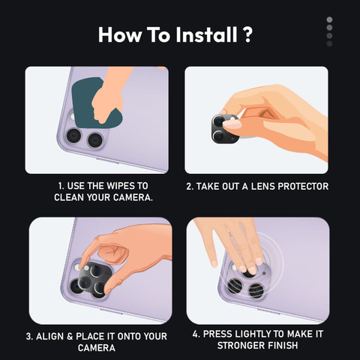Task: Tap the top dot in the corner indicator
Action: [x=328, y=19]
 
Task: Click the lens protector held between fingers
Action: [x=224, y=127]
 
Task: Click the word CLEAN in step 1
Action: [x=73, y=197]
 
